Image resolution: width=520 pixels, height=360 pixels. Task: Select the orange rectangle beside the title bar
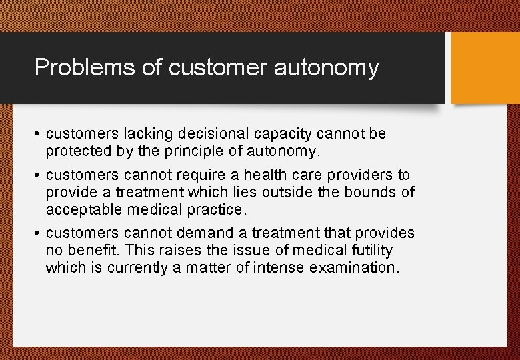pos(485,68)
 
